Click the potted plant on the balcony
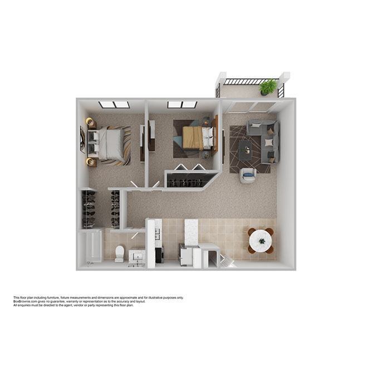[268, 86]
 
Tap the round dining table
[261, 241]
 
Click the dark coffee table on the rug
[245, 149]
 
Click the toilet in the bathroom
[119, 253]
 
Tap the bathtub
[90, 248]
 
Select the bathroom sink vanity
[136, 257]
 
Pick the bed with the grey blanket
[111, 144]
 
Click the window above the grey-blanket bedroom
[114, 105]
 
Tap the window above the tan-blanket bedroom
[182, 105]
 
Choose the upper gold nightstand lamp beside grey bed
[90, 122]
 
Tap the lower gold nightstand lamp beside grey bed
[91, 162]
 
